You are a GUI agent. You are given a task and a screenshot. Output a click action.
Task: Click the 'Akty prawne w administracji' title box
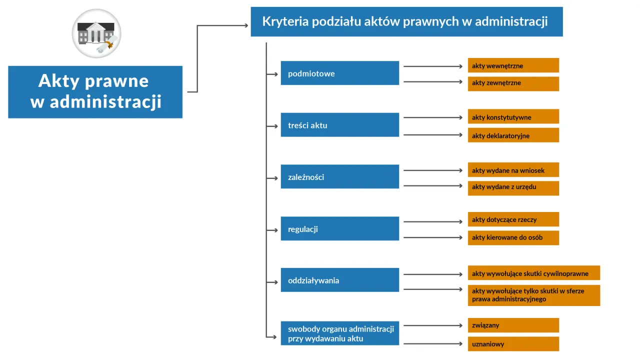(95, 92)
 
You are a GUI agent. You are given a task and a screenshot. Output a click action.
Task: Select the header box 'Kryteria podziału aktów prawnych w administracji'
(406, 21)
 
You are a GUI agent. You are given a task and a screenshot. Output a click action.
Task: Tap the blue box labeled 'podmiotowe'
(339, 73)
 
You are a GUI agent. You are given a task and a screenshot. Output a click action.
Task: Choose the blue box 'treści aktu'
(339, 125)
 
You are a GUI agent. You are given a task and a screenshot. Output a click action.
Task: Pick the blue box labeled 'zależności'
(339, 177)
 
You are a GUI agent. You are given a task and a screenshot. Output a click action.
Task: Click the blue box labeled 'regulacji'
(339, 229)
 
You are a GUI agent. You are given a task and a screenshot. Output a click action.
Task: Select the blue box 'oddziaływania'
(339, 280)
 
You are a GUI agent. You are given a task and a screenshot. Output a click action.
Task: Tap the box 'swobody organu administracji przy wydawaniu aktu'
(339, 333)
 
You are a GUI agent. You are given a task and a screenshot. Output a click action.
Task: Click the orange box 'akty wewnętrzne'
(513, 65)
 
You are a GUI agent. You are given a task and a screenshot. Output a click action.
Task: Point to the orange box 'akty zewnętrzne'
(513, 83)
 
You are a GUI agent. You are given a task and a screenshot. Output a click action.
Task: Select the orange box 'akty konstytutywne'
(513, 117)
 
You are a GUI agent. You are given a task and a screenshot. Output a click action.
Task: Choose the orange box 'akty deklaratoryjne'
(513, 135)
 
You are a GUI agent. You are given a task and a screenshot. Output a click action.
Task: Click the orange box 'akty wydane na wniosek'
(513, 170)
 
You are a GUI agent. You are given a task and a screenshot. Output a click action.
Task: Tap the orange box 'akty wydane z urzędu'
(513, 187)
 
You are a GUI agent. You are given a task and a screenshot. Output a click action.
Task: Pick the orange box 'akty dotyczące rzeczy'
(513, 219)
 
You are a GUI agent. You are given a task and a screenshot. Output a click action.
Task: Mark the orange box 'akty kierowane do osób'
(513, 237)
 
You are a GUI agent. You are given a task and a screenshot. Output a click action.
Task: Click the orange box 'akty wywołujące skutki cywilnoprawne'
(533, 273)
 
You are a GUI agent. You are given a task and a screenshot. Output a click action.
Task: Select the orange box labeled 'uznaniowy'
(513, 344)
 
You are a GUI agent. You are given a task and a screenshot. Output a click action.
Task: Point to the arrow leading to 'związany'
(433, 325)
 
